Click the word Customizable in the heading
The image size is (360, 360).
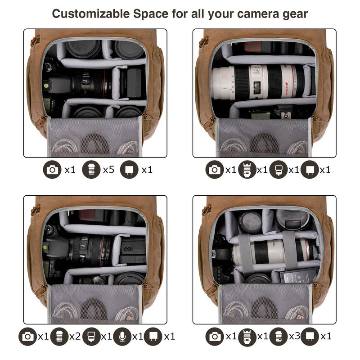pyautogui.click(x=91, y=14)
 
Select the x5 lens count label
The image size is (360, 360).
pyautogui.click(x=108, y=170)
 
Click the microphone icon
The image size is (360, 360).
pyautogui.click(x=122, y=337)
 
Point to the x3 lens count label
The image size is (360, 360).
pyautogui.click(x=295, y=336)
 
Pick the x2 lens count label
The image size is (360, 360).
pyautogui.click(x=75, y=337)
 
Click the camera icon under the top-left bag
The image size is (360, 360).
pyautogui.click(x=52, y=170)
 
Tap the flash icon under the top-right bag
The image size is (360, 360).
pyautogui.click(x=279, y=170)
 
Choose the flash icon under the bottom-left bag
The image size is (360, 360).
pyautogui.click(x=91, y=337)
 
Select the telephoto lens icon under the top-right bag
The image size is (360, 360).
pyautogui.click(x=247, y=170)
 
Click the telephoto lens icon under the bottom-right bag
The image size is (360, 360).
pyautogui.click(x=247, y=337)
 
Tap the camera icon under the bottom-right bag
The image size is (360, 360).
pyautogui.click(x=215, y=337)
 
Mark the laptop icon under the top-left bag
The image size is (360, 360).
pyautogui.click(x=129, y=170)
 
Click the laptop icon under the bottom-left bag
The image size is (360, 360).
pyautogui.click(x=154, y=337)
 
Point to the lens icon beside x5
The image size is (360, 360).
pyautogui.click(x=91, y=170)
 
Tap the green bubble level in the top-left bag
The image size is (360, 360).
pyautogui.click(x=46, y=85)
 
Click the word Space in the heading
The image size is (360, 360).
pyautogui.click(x=151, y=14)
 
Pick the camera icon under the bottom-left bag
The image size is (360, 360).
pyautogui.click(x=27, y=337)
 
